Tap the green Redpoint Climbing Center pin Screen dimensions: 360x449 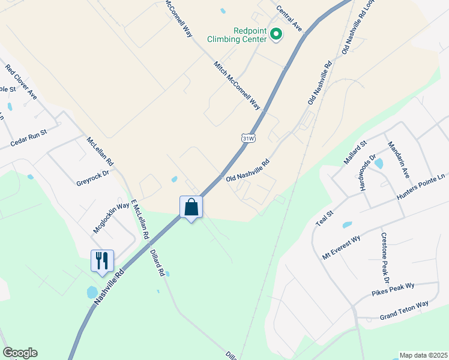(276, 34)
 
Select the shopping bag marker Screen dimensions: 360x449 (191, 208)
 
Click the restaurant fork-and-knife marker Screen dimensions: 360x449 (102, 260)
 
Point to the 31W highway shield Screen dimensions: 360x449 (249, 138)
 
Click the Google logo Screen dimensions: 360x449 (20, 353)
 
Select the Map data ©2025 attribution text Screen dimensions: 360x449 (424, 355)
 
